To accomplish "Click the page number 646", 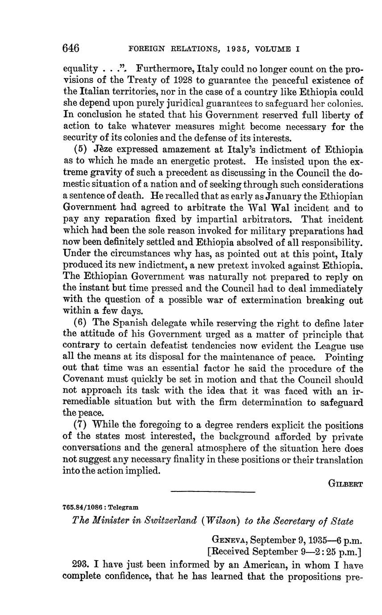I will (71, 48).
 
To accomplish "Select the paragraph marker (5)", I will (79, 150).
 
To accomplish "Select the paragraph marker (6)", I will (79, 324).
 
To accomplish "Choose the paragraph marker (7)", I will (79, 426).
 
